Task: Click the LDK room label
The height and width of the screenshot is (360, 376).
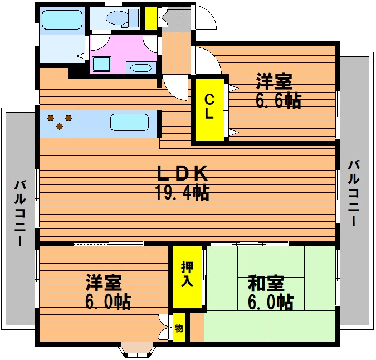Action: [x=182, y=173]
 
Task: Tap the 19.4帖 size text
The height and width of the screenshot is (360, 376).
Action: [x=182, y=192]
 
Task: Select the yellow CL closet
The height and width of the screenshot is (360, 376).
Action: [x=209, y=110]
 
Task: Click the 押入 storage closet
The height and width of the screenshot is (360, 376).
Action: [x=187, y=277]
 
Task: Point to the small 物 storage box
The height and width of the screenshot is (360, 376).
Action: [x=179, y=327]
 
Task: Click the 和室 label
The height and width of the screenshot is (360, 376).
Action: [x=266, y=283]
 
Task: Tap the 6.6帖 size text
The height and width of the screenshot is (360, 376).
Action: [x=279, y=100]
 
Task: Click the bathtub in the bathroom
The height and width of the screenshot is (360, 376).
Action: [x=62, y=20]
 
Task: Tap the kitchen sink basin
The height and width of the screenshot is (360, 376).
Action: [x=129, y=122]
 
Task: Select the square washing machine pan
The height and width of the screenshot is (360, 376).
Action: [x=102, y=64]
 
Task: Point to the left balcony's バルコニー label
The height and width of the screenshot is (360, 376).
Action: [x=19, y=213]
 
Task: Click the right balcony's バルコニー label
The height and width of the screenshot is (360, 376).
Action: [x=354, y=193]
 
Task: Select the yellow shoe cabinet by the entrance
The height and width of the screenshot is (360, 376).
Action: [x=152, y=18]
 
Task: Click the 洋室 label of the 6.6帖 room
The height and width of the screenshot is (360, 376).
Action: [x=274, y=81]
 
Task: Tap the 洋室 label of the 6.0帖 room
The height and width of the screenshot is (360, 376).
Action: [x=104, y=283]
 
